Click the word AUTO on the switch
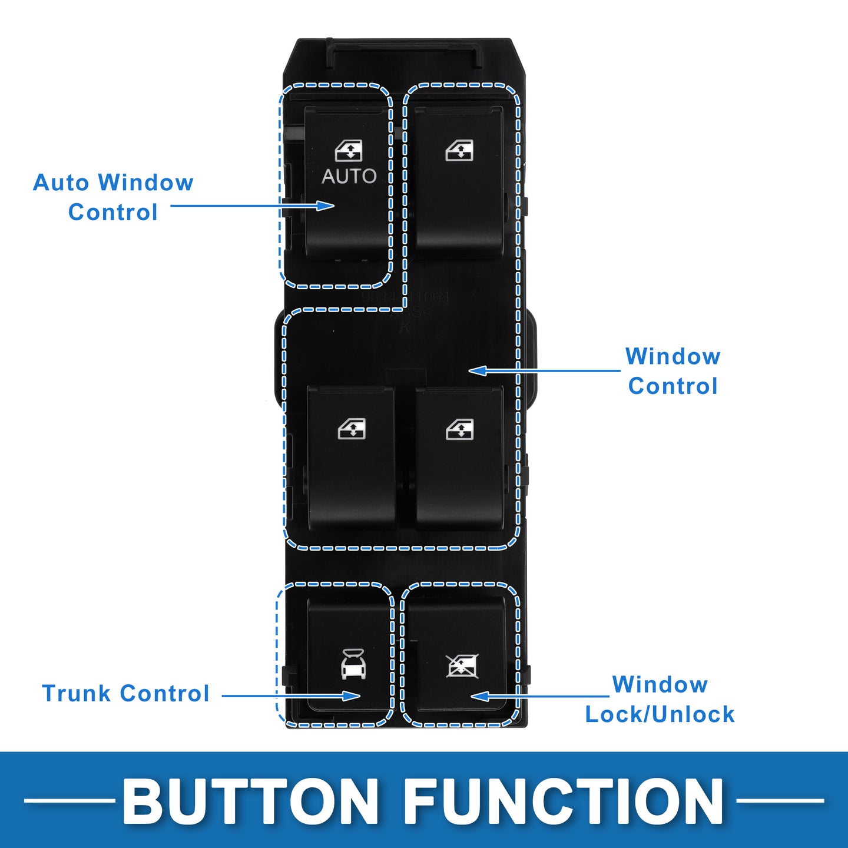(x=349, y=176)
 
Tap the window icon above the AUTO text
(x=349, y=151)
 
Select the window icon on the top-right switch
(x=459, y=151)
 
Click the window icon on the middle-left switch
(x=352, y=429)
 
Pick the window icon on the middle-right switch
(x=459, y=429)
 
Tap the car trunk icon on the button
(x=353, y=664)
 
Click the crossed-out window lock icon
(x=462, y=665)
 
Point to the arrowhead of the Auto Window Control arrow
(x=326, y=206)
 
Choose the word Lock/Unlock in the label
(x=660, y=714)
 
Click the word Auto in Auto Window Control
(x=61, y=183)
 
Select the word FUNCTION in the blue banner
(x=564, y=801)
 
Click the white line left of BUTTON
(x=69, y=800)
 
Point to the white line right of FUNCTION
(x=780, y=800)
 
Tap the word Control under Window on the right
(x=673, y=386)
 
